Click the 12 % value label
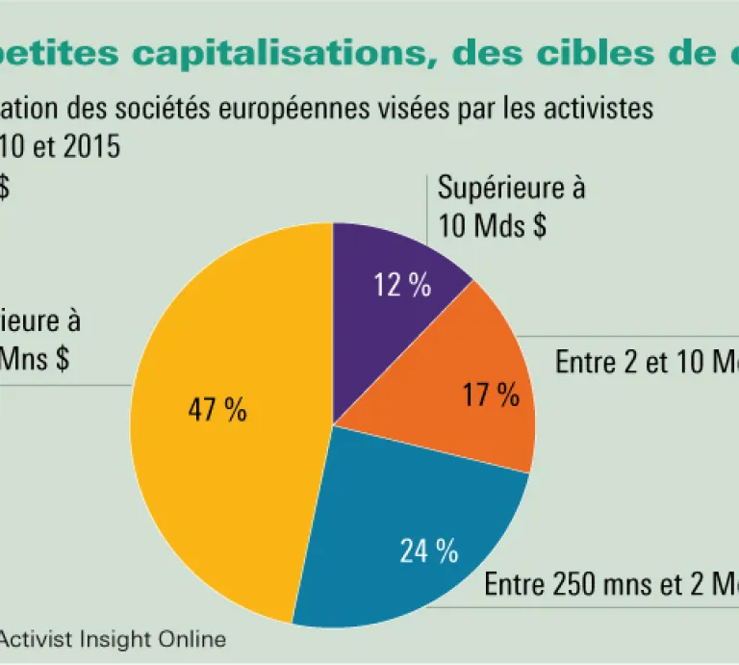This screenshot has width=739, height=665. coord(402,286)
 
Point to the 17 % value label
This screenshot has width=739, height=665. coord(491,395)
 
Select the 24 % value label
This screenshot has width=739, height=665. coord(428,551)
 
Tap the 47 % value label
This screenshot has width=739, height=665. coord(217,411)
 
